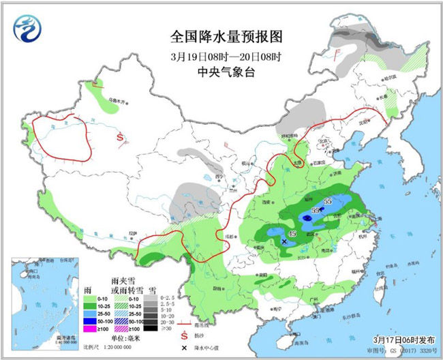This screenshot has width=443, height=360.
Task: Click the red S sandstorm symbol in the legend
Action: (x=183, y=335)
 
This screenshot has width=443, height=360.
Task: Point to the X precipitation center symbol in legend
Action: (x=183, y=347)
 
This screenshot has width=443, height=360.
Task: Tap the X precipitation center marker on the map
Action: (x=284, y=241)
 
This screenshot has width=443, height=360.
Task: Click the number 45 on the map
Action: (x=292, y=235)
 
